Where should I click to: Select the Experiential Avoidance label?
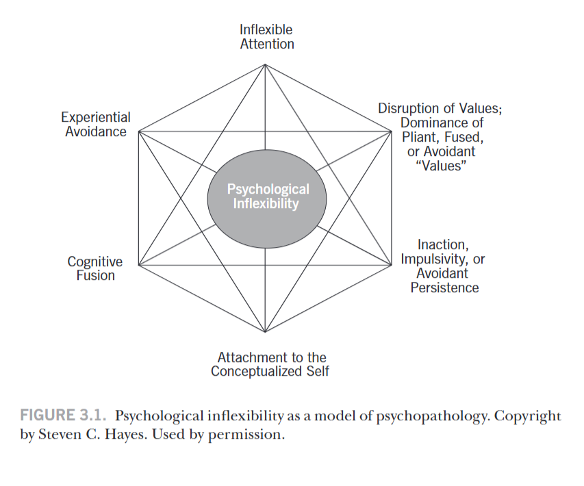[x=96, y=125]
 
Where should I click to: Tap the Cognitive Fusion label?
[x=95, y=268]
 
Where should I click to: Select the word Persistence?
[x=444, y=287]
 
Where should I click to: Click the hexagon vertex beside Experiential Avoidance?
[x=139, y=131]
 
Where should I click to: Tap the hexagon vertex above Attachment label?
[x=266, y=332]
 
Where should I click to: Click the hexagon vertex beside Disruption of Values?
[x=392, y=131]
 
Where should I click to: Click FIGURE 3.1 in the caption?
[x=64, y=415]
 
